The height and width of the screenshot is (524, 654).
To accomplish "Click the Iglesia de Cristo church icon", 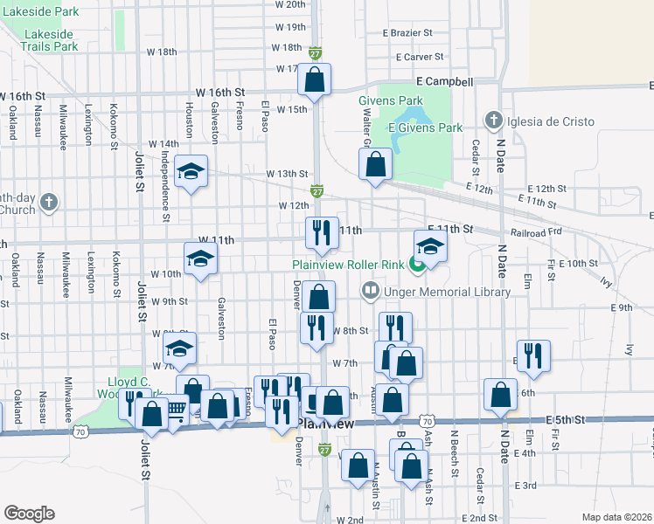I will coord(493,120).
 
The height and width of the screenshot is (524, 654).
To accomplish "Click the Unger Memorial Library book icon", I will coord(371,291).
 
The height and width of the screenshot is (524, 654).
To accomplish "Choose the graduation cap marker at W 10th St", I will coord(200,259).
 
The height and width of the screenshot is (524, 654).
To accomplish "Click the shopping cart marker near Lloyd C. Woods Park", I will coord(176,408).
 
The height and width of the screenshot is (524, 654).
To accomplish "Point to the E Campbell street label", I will coord(444,82).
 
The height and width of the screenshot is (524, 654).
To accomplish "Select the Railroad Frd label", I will coord(536,233).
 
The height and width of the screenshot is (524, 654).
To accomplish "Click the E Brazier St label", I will coord(407,32).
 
